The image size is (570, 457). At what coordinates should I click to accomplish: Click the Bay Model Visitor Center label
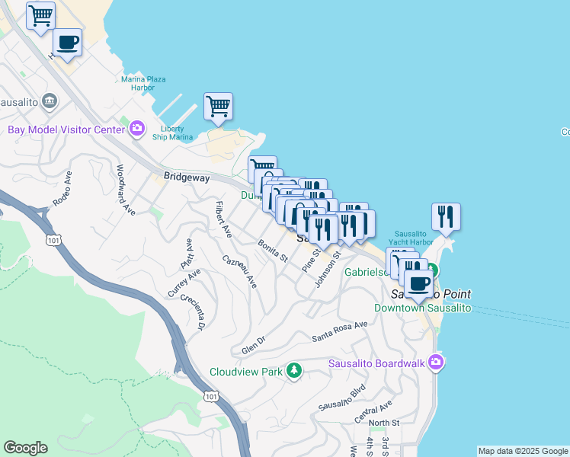coord(66,129)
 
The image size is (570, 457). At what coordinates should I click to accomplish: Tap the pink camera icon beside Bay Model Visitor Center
coord(137,128)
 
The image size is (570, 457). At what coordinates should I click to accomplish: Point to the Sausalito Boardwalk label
coord(376,363)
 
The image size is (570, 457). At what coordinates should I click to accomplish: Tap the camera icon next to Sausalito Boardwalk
coord(435,362)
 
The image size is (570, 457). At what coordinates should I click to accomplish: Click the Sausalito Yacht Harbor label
coord(414,238)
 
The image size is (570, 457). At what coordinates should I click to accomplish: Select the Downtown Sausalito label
coord(423,308)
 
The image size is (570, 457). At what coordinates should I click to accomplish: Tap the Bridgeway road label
coord(187,176)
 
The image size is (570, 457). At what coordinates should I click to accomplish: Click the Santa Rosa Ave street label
coord(339,329)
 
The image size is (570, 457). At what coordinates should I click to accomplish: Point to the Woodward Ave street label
coord(126,190)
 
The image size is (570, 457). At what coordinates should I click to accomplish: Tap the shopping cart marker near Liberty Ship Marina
coord(219,107)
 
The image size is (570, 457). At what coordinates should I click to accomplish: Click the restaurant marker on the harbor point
coord(446,216)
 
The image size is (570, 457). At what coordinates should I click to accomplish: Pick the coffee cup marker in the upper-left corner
coord(67,43)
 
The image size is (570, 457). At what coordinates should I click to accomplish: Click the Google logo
coord(25,448)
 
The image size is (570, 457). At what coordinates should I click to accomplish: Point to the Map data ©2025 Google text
coord(523,451)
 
